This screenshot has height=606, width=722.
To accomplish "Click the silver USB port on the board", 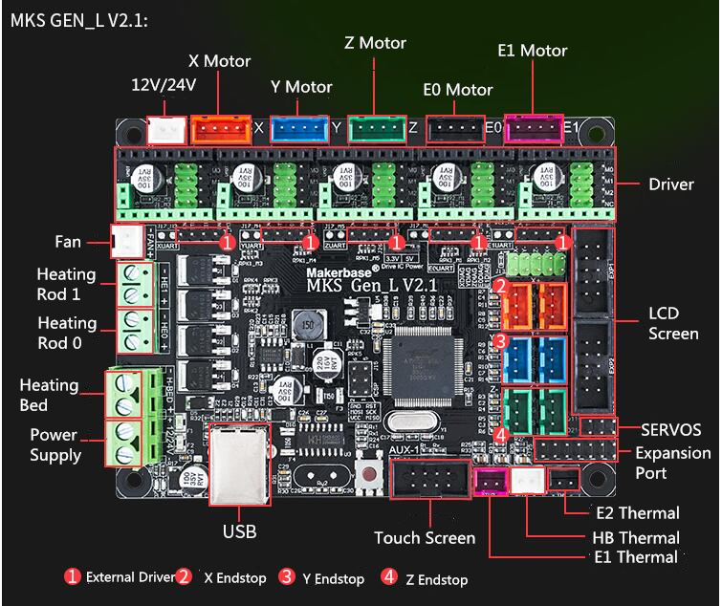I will pos(238,467).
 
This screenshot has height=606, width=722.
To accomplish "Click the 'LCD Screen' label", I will pos(672,323).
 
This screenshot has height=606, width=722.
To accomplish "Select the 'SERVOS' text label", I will pos(671,430).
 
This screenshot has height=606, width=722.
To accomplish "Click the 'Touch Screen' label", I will pos(425,538).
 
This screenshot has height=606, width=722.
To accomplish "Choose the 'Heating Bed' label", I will pos(49,395).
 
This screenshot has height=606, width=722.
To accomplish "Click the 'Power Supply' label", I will pos(55,444).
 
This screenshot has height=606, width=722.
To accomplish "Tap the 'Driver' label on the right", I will pos(670,184).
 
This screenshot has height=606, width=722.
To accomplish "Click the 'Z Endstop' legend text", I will pos(434,579).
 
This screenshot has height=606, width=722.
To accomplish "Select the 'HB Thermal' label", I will pos(636,537).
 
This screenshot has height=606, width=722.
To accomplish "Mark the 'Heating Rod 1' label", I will pos(66,284).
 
